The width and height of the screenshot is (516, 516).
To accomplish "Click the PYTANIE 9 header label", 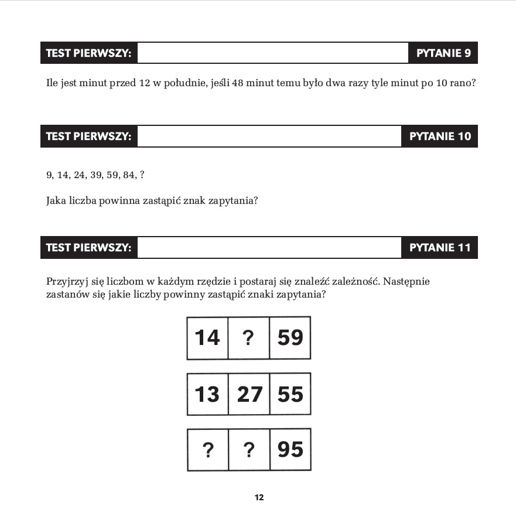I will (443, 53).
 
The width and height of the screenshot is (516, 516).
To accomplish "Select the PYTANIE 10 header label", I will (440, 136).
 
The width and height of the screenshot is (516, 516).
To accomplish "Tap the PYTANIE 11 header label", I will (440, 248).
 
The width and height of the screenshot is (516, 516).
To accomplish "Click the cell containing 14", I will (207, 338).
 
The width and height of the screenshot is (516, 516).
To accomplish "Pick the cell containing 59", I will (290, 338).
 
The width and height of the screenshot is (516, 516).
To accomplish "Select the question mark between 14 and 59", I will (248, 338).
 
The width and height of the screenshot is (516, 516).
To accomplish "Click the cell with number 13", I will (207, 394).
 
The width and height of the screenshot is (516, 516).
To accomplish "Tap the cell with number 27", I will (249, 394).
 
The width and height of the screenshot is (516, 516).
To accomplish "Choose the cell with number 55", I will (290, 394).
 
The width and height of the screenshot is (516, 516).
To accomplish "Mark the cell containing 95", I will (290, 450).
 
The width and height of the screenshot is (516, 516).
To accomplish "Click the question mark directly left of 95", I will (249, 450).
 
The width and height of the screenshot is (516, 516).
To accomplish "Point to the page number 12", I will (259, 498).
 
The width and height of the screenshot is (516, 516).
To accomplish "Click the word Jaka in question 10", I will (56, 201).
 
